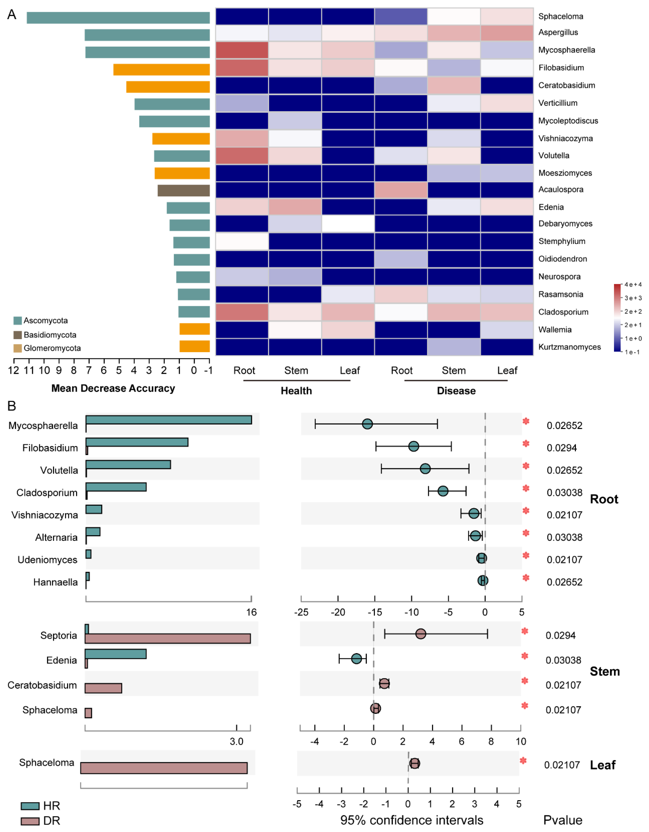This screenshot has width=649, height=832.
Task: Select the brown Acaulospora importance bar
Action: pos(184,190)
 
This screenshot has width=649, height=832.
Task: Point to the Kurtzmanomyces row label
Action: pos(569,347)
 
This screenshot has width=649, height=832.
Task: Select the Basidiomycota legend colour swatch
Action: pos(17,335)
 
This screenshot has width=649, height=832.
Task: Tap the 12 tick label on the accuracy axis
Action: pos(14,370)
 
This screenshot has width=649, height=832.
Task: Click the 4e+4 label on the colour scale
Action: pos(633,285)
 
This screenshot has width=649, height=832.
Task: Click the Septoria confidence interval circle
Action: pos(420,634)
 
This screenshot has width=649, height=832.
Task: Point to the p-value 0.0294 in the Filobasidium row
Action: pos(562,448)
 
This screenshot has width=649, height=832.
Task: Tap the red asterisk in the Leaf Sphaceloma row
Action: pos(523,761)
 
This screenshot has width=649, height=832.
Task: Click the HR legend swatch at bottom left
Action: pos(30,806)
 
